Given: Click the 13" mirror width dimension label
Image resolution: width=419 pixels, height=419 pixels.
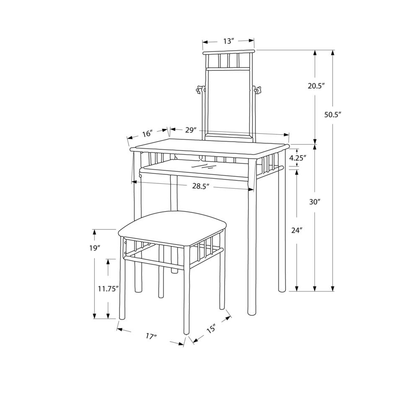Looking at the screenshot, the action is tap(229, 41).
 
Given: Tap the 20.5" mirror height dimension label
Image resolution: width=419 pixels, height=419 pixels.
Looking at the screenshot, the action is tap(316, 86).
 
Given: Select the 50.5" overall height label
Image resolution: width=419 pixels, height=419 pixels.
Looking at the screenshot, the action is tap(333, 115).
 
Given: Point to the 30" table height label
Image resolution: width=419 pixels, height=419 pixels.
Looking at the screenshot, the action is tap(315, 202).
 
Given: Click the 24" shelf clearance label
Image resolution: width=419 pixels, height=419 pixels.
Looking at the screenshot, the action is tap(297, 230).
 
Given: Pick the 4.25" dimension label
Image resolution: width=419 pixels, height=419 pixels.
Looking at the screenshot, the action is tap(297, 158).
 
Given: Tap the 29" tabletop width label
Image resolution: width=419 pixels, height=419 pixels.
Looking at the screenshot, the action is tap(191, 130).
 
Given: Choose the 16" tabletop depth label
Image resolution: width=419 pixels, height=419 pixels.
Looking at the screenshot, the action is tap(147, 133).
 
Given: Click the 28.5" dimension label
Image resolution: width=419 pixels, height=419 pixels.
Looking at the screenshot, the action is tap(201, 186).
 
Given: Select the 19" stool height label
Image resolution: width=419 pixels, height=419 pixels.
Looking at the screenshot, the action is tap(95, 248).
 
